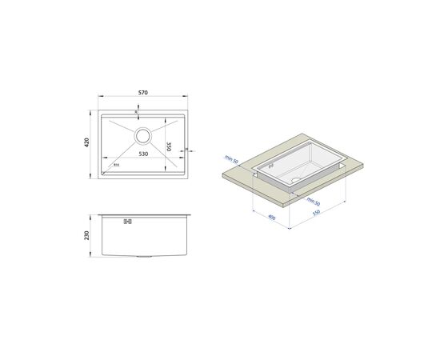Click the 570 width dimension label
(x=142, y=93)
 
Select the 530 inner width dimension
(x=142, y=153)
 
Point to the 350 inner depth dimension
(x=169, y=147)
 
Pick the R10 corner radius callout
(x=116, y=166)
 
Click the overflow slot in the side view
(x=126, y=222)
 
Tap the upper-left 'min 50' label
(x=231, y=161)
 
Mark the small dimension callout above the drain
(x=142, y=111)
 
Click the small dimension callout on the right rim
(x=186, y=150)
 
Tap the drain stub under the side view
(x=142, y=257)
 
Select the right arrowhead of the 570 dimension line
(x=189, y=99)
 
